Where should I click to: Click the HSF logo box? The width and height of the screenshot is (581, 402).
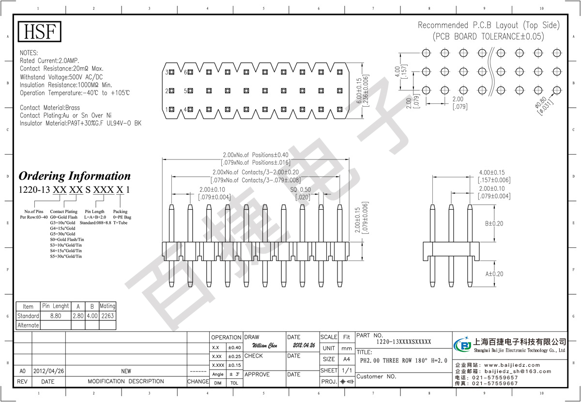[40, 32]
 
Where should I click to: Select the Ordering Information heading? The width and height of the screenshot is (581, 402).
[74, 176]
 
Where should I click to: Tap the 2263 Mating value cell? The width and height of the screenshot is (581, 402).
[107, 316]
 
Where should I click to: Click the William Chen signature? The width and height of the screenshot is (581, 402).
[265, 346]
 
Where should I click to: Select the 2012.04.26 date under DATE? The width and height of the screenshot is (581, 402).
[304, 346]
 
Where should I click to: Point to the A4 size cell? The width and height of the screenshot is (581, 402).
[347, 359]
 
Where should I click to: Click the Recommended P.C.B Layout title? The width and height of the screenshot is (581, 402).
[489, 25]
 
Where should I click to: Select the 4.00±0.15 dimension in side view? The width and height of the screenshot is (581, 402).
[494, 172]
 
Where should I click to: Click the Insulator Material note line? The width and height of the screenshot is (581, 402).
[80, 123]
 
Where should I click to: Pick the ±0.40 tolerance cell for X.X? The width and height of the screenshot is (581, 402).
[234, 348]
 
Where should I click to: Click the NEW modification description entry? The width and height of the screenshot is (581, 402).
[126, 371]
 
